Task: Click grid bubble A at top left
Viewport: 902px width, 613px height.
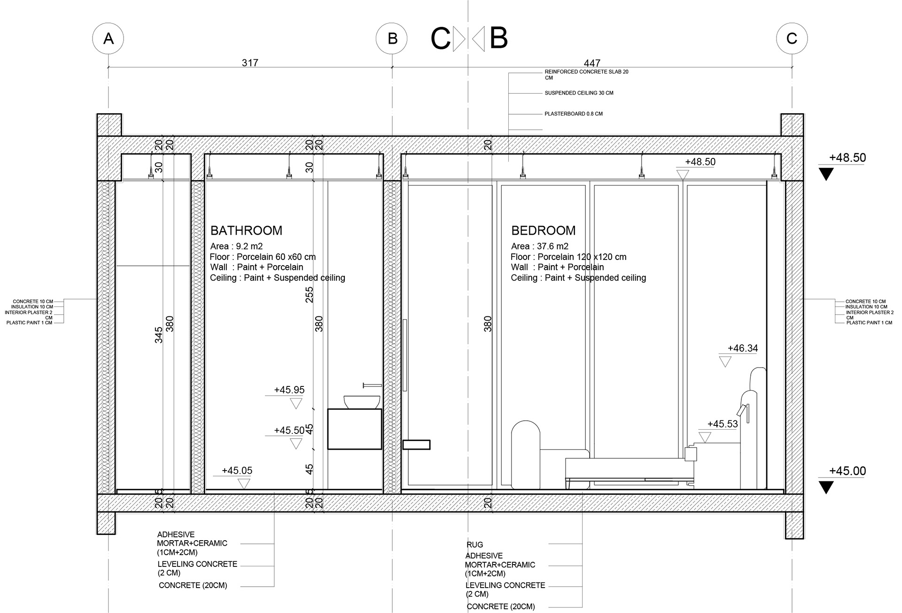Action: pos(108,39)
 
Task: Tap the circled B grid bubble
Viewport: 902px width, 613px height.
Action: pos(392,39)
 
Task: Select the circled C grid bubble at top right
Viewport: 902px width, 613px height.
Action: pos(792,39)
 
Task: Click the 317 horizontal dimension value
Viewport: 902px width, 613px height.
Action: pos(250,63)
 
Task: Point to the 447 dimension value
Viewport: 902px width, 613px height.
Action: pos(592,63)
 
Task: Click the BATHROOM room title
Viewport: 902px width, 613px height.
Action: pos(246,231)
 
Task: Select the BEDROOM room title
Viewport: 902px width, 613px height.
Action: pos(543,231)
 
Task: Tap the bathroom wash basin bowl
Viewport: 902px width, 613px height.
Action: pos(362,402)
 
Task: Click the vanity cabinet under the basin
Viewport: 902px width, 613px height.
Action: pos(355,429)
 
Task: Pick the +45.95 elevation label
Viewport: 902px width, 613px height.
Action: pos(289,390)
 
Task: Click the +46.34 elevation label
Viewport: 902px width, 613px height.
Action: pos(743,348)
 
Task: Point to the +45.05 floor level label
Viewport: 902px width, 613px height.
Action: pos(237,471)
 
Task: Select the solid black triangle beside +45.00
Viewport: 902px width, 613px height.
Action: pos(826,487)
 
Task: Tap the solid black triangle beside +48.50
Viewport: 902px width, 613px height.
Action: pos(826,174)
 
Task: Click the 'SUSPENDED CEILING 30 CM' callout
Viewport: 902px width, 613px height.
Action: pos(579,93)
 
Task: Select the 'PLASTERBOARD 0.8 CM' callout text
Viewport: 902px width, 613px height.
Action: pos(574,114)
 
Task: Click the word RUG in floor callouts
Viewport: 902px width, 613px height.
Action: pos(474,545)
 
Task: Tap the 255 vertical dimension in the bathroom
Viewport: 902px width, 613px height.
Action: pos(309,295)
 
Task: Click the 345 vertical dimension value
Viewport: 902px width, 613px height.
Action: pos(159,335)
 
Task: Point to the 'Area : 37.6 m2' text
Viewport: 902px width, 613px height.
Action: pos(540,246)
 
